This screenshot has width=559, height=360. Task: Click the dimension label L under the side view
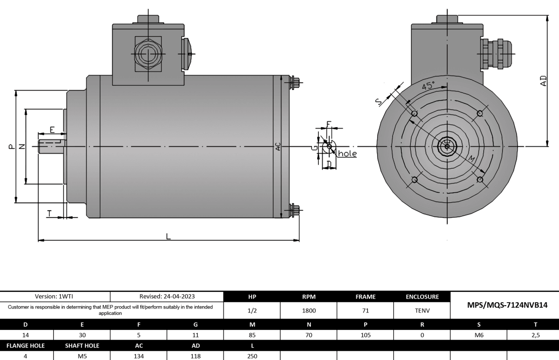[x=168, y=236]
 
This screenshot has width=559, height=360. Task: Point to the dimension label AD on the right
[x=543, y=81]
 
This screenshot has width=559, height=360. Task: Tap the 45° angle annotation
[x=428, y=86]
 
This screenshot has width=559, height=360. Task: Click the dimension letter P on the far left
[x=11, y=146]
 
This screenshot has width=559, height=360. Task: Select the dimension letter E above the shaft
[x=52, y=130]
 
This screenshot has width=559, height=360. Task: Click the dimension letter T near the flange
[x=49, y=213]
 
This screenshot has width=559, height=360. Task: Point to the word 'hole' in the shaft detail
[x=347, y=154]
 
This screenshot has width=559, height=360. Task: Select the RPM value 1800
[x=308, y=311]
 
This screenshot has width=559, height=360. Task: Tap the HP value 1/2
[x=252, y=311]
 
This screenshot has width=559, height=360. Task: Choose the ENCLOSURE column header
[x=422, y=297]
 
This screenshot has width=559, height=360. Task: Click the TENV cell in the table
[x=422, y=311]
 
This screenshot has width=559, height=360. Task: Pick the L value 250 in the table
[x=252, y=355]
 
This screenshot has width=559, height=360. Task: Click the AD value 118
[x=195, y=355]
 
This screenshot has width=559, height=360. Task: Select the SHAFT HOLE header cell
[x=82, y=345]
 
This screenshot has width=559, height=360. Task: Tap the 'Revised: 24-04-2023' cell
[x=167, y=297]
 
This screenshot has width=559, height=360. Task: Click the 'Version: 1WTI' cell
[x=55, y=297]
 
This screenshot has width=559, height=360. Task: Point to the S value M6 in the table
[x=478, y=335]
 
